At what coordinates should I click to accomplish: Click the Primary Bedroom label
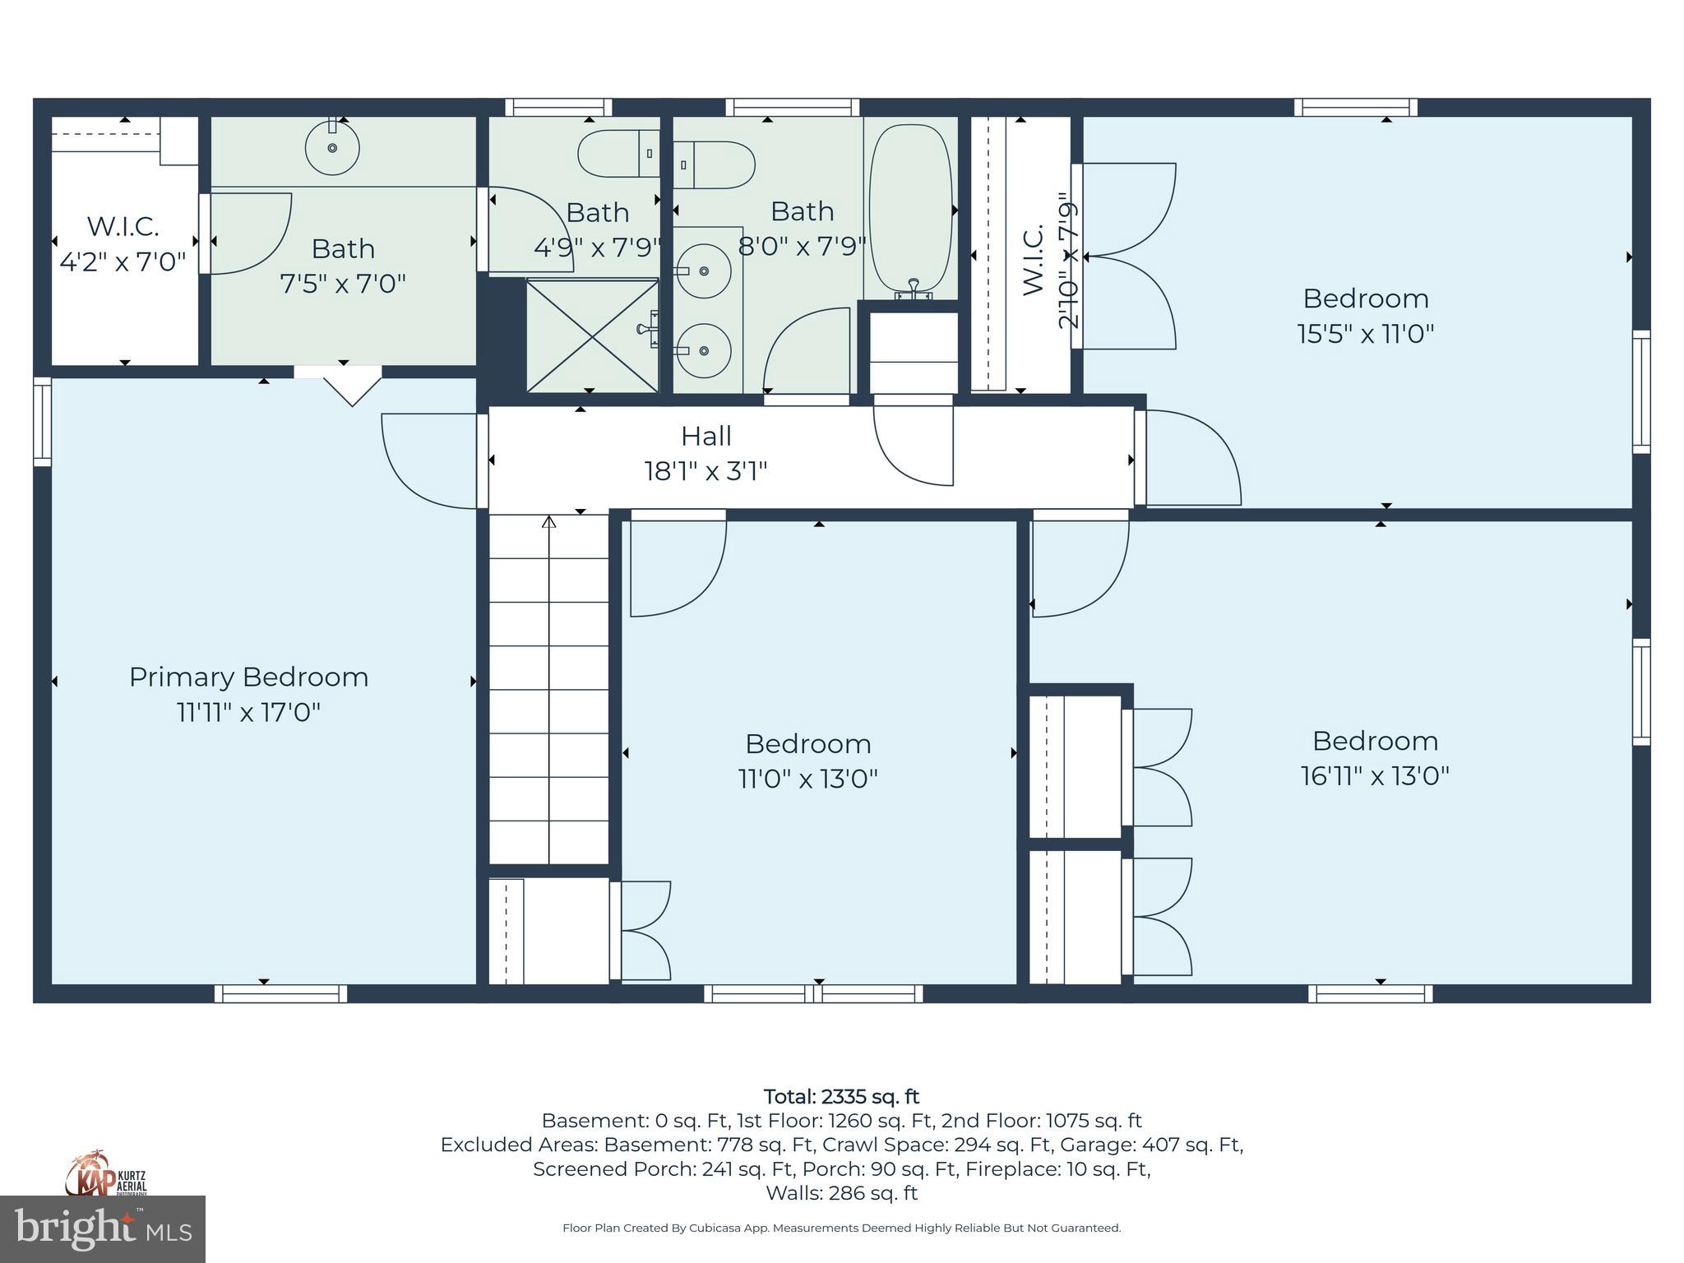tap(248, 677)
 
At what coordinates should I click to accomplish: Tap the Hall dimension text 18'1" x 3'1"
tap(706, 471)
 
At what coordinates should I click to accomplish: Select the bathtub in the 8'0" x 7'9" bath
tap(911, 210)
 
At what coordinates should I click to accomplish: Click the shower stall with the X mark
tap(592, 335)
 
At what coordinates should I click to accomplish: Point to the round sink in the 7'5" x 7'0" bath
tap(332, 147)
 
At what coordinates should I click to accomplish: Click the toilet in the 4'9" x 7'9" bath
tap(618, 153)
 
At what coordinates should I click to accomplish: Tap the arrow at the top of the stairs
tap(549, 521)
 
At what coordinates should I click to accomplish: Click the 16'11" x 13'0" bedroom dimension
tap(1375, 775)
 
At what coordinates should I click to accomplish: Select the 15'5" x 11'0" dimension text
tap(1366, 334)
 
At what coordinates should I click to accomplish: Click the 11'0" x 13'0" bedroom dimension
tap(808, 778)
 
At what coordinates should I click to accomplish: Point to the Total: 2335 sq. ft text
tap(841, 1097)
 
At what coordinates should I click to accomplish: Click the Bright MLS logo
tap(103, 1228)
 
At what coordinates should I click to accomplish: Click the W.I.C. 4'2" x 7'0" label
tap(123, 243)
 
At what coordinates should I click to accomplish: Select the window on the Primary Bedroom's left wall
tap(42, 421)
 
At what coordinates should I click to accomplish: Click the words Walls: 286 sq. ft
tap(841, 1192)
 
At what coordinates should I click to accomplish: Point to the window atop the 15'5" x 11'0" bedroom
tap(1356, 107)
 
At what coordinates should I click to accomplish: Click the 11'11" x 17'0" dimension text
tap(248, 711)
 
